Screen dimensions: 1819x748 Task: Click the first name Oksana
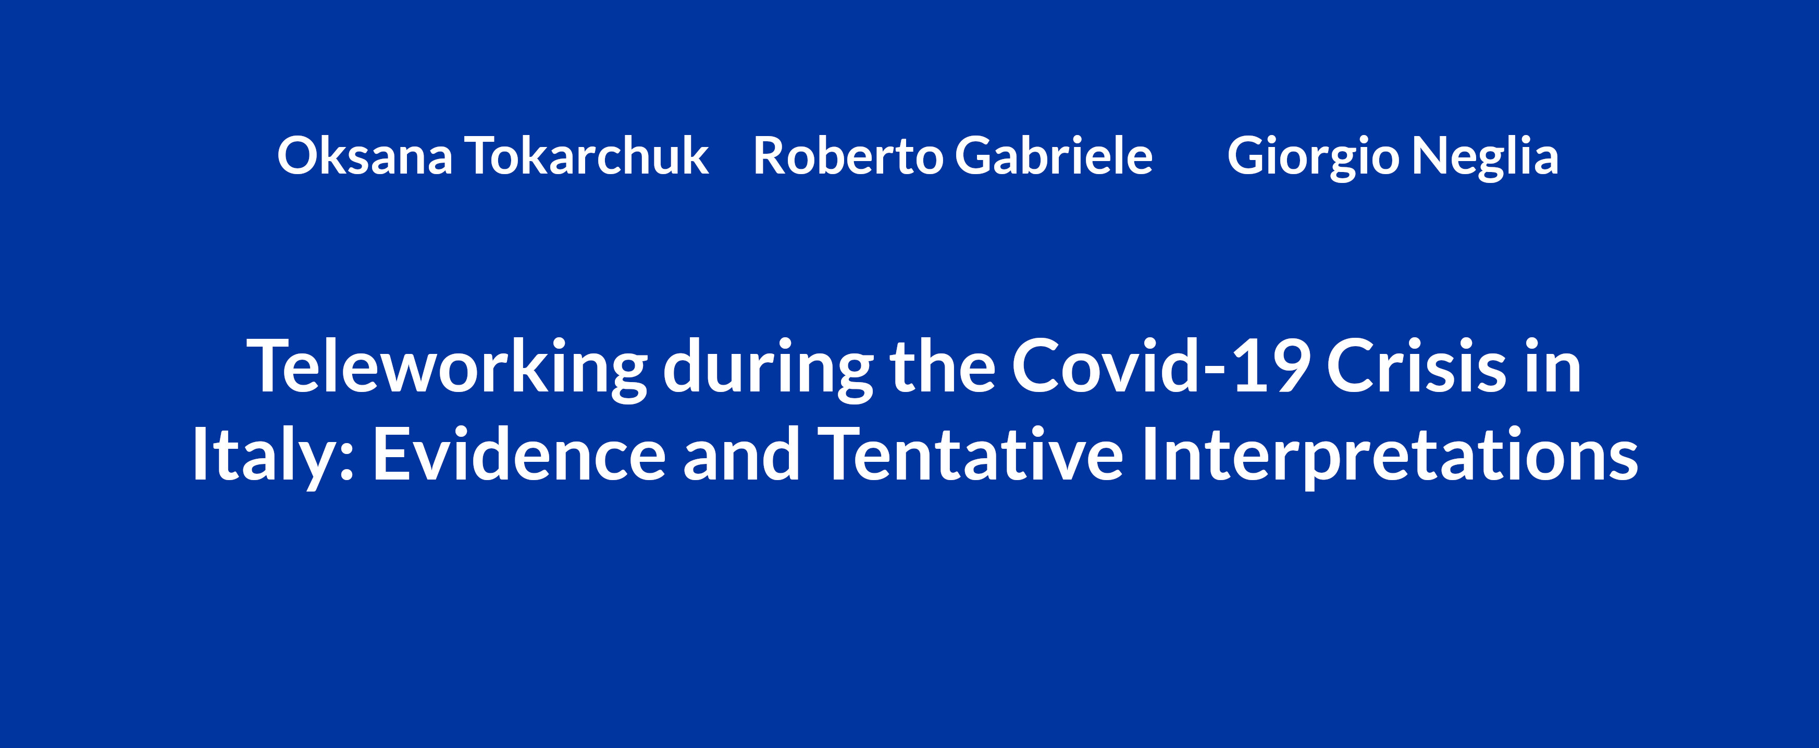coord(364,155)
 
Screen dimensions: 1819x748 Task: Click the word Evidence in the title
coord(519,453)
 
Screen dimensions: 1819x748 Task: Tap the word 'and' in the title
coord(741,453)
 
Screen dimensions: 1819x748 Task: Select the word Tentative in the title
coord(970,453)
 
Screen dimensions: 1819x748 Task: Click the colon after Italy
coord(346,463)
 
